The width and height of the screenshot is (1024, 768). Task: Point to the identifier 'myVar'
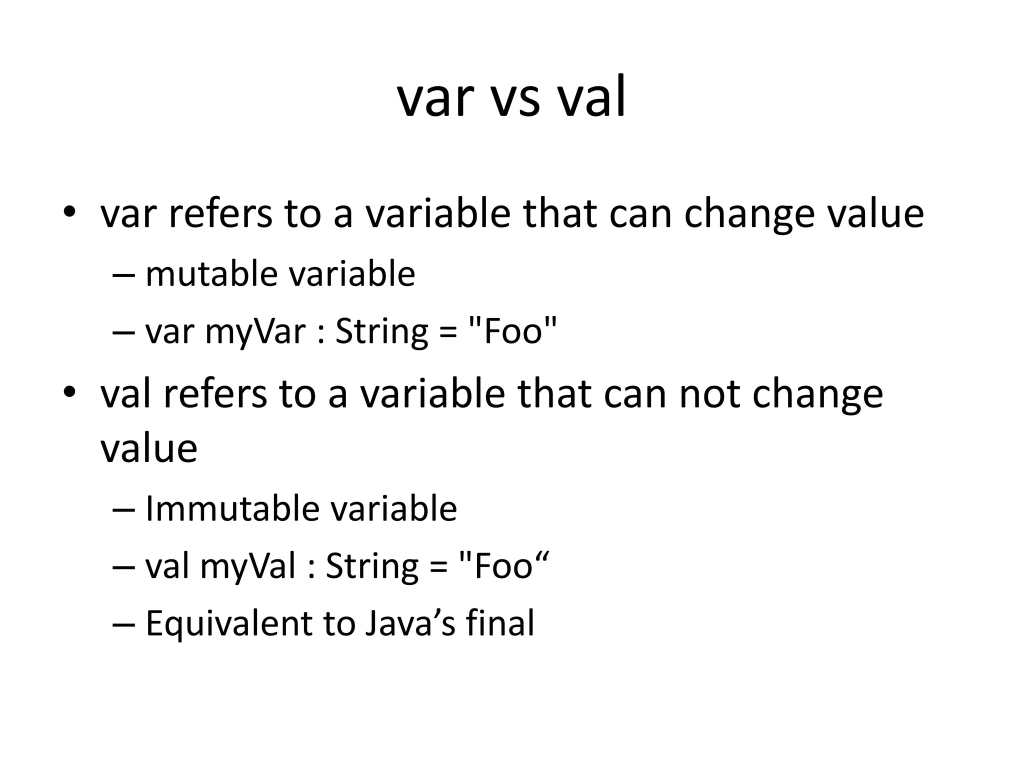coord(255,332)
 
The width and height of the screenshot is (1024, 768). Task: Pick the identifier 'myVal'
coord(248,567)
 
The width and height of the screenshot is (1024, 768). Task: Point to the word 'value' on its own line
coord(148,448)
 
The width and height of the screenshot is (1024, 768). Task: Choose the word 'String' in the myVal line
coord(372,567)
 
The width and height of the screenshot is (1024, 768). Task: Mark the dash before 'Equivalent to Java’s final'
coord(124,624)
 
